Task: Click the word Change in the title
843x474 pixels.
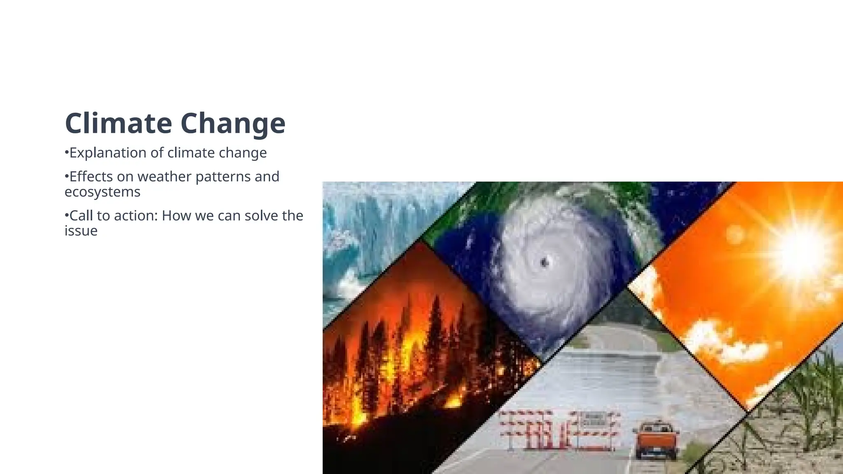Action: tap(233, 123)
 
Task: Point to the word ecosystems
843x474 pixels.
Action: tap(102, 192)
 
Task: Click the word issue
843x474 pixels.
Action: tap(81, 231)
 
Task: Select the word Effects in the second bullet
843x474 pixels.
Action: tap(91, 177)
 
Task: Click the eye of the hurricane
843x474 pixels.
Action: tap(545, 262)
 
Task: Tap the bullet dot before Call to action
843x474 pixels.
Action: tap(66, 215)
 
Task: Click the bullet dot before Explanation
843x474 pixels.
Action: tap(66, 153)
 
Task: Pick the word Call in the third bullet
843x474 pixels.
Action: tap(81, 216)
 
